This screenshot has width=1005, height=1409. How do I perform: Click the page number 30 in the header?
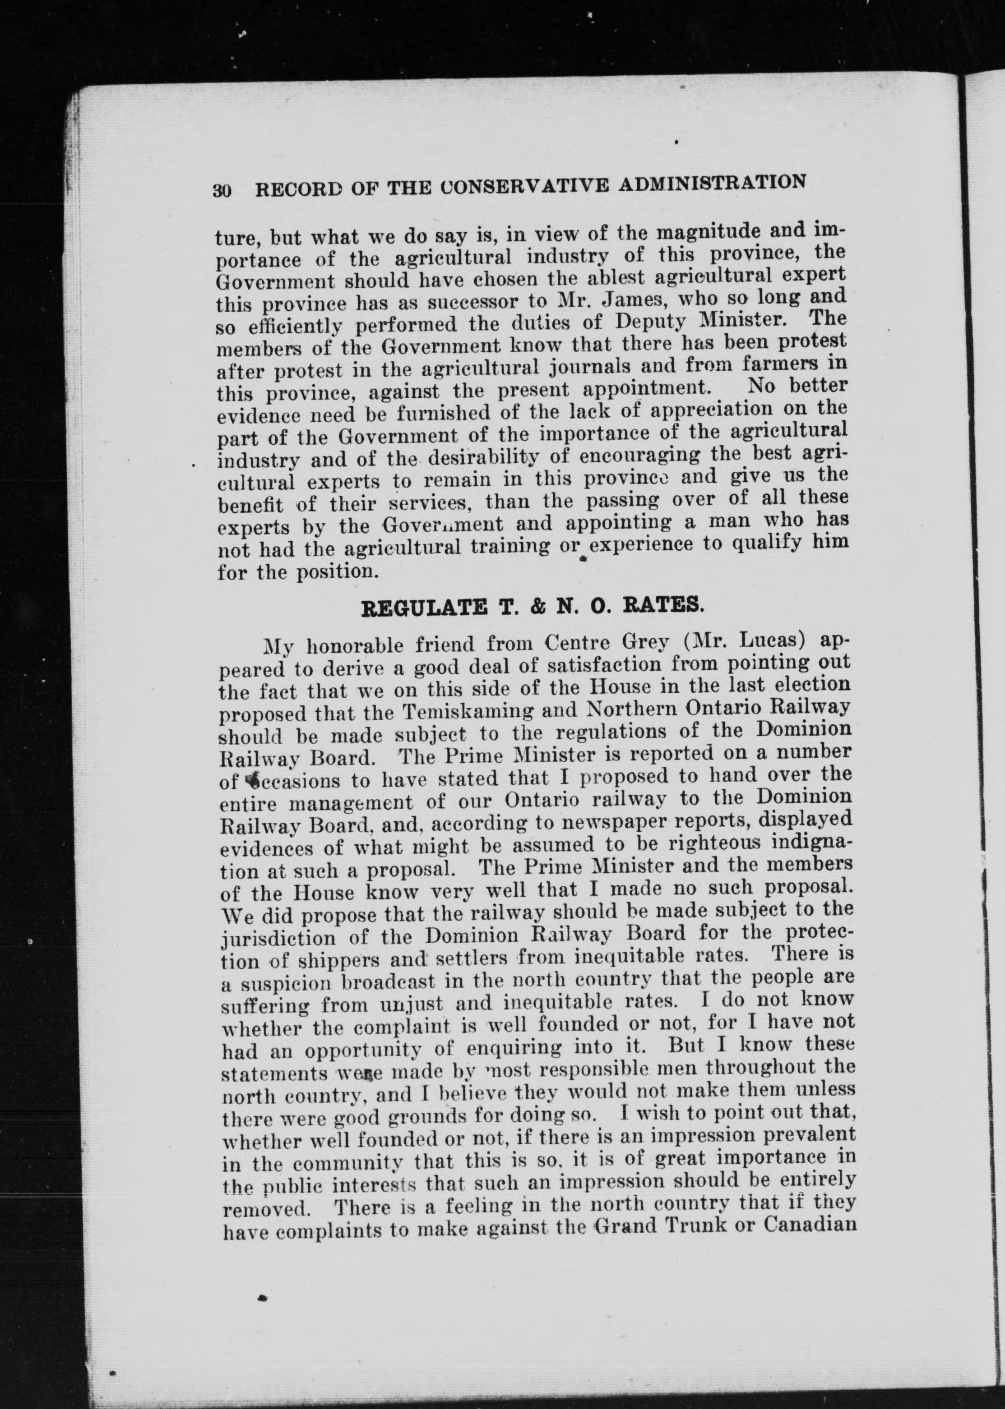(222, 190)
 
